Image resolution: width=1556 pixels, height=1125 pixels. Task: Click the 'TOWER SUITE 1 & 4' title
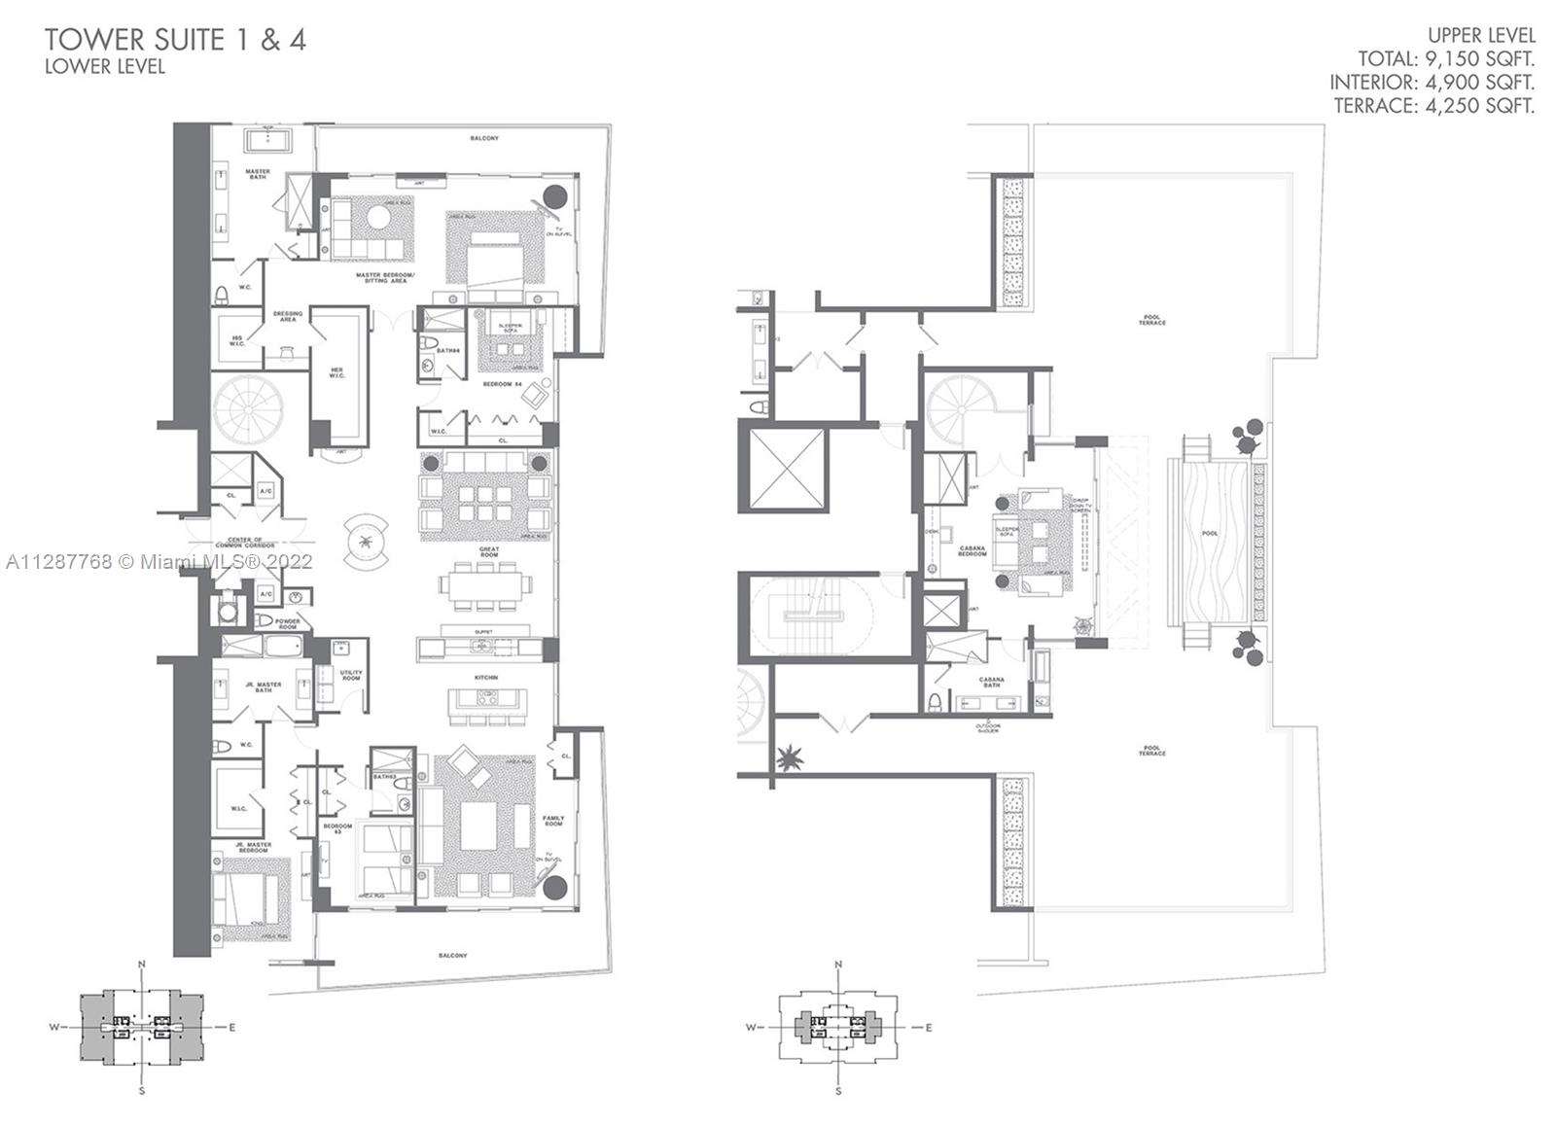tap(175, 40)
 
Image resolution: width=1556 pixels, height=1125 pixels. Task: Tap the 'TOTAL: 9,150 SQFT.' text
tap(1446, 59)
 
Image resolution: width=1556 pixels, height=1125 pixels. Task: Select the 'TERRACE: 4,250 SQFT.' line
tap(1433, 106)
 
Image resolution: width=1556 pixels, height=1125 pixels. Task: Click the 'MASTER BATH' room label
tap(258, 174)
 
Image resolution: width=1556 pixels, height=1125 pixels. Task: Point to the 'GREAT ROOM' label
tap(488, 551)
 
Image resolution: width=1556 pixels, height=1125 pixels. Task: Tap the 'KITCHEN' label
tap(486, 677)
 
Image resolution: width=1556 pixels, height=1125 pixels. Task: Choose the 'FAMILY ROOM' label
tap(552, 822)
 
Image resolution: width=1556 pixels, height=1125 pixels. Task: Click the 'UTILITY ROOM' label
tap(351, 675)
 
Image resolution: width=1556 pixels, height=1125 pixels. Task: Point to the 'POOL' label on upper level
tap(1209, 534)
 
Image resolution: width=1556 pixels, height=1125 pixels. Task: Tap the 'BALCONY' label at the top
tap(483, 138)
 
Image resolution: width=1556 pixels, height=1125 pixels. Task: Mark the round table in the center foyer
tap(365, 542)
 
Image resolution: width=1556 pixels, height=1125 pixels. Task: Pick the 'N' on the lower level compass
tap(142, 964)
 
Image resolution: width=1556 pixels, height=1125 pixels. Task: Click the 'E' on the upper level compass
tap(929, 1028)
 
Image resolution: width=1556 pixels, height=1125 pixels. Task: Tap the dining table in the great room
tap(486, 585)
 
